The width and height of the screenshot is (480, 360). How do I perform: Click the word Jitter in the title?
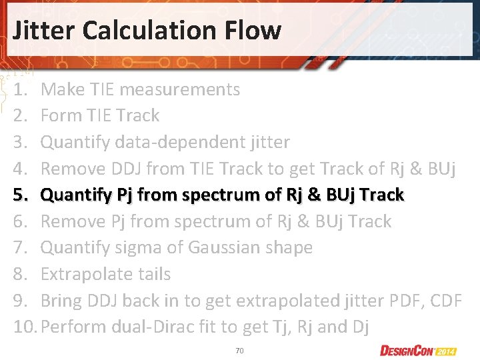tap(45, 30)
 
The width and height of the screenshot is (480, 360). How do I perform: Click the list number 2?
tap(19, 115)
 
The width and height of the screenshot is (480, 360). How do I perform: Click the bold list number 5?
tap(19, 195)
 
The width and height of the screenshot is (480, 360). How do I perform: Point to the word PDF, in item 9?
tap(402, 301)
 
